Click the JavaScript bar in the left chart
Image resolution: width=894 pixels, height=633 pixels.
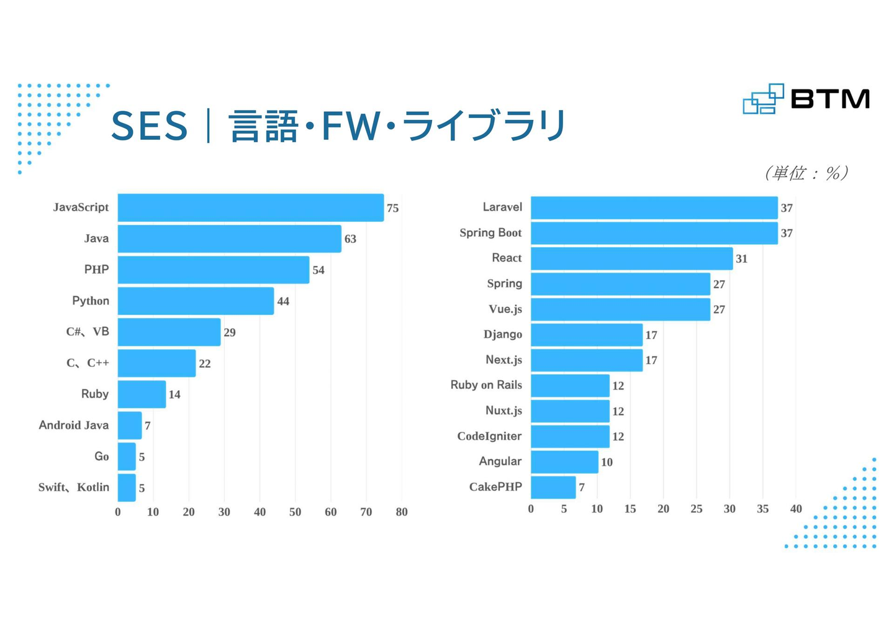click(x=250, y=207)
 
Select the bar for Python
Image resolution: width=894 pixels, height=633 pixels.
click(x=196, y=301)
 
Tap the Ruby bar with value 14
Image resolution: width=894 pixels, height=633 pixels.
click(x=142, y=394)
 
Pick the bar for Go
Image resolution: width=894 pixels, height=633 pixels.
click(x=127, y=457)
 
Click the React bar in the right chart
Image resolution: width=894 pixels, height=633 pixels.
click(x=631, y=258)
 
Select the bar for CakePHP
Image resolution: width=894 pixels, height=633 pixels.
click(x=553, y=487)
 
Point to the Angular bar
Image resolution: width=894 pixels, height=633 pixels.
click(x=564, y=462)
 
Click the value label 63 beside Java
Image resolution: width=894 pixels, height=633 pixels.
click(x=350, y=239)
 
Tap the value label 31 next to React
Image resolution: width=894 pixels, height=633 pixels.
click(x=741, y=259)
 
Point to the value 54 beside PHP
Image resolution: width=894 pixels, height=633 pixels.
click(x=318, y=270)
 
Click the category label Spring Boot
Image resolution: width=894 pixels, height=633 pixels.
click(x=490, y=233)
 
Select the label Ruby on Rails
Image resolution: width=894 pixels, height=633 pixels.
click(x=486, y=385)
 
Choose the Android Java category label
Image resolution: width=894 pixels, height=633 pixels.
click(x=74, y=426)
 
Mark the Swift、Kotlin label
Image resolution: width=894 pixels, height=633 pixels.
click(x=74, y=488)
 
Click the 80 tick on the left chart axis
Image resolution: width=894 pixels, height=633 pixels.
click(x=402, y=512)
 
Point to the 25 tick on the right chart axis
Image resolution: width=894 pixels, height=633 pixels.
click(x=697, y=509)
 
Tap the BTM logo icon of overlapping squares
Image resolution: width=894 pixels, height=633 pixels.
click(x=763, y=99)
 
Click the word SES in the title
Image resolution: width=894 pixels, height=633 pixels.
click(x=149, y=126)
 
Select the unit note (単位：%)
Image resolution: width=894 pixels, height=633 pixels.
click(x=806, y=173)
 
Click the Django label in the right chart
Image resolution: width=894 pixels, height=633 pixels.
click(x=503, y=335)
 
